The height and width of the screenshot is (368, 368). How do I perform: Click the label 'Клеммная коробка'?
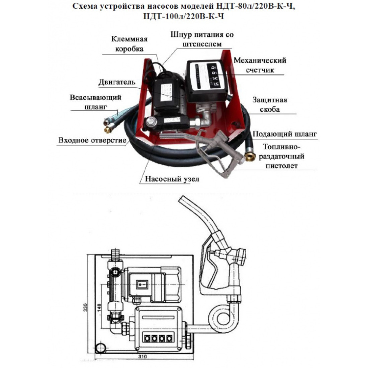click(x=129, y=44)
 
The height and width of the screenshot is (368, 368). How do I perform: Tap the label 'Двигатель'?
click(x=117, y=82)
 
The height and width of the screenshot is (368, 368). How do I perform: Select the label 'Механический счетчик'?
click(x=260, y=65)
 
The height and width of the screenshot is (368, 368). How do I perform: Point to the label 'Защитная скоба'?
click(x=270, y=104)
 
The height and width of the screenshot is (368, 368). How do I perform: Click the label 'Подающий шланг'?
click(x=285, y=134)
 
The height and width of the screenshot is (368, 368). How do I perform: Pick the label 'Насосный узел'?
click(x=172, y=179)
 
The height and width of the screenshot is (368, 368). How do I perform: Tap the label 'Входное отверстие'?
click(x=92, y=141)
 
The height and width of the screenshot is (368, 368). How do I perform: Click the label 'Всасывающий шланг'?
click(x=96, y=102)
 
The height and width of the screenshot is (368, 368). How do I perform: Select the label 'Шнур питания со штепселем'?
click(x=202, y=39)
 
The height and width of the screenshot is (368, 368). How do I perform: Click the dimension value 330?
click(x=85, y=307)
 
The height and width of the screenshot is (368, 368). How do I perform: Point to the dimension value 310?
click(x=143, y=357)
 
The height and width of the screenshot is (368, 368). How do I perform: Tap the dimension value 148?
click(x=99, y=307)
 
